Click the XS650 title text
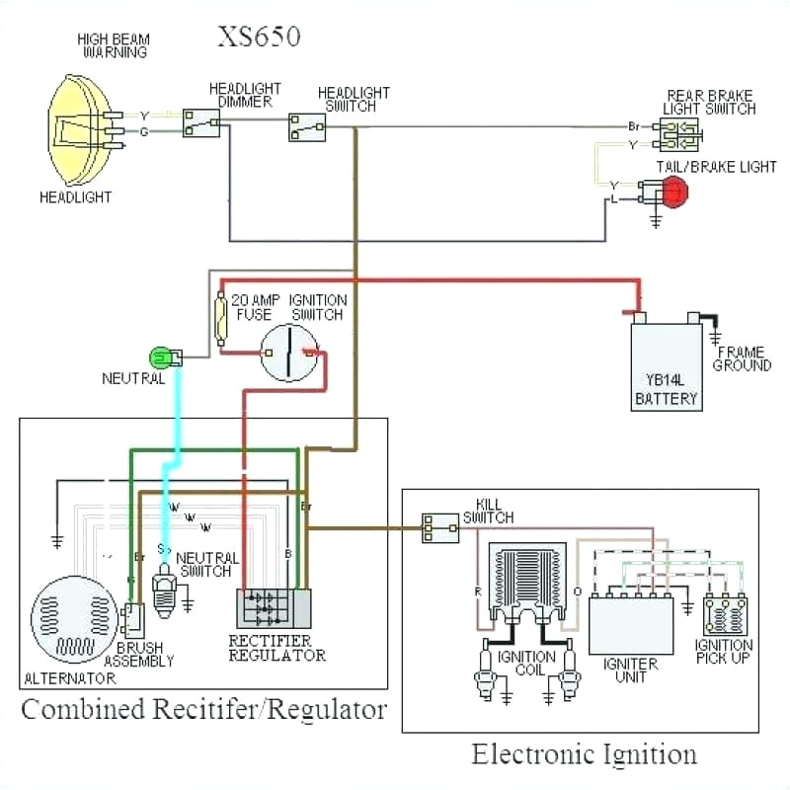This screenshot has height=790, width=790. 259,38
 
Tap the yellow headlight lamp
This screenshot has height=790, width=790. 83,127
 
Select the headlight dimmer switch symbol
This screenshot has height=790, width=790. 201,122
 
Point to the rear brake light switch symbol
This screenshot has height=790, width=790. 679,135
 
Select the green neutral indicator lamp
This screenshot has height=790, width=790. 160,356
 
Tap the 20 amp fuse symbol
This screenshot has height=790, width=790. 222,318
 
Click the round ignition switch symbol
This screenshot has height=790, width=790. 288,352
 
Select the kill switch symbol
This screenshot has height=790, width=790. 439,528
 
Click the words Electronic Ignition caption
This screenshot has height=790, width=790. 584,755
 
